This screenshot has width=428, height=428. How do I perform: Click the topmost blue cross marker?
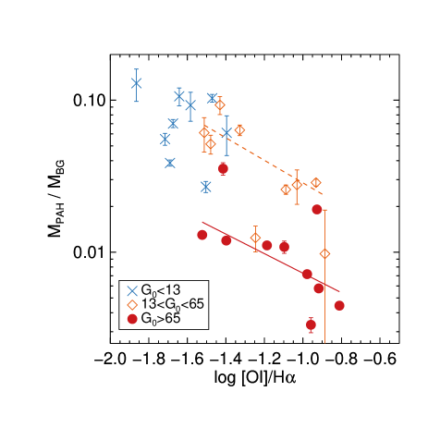tap(137, 83)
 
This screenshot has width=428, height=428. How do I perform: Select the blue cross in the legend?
tap(132, 291)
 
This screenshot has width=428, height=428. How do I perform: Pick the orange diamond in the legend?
tap(132, 305)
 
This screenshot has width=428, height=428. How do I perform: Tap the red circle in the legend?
tap(132, 319)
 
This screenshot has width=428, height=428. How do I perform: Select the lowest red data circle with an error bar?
tap(311, 324)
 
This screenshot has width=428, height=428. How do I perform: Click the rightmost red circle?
tap(339, 305)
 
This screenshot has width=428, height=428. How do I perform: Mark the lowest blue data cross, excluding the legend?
tap(206, 187)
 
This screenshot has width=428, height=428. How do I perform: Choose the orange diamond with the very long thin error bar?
tap(324, 253)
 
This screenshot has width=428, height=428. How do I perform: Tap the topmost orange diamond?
tap(220, 105)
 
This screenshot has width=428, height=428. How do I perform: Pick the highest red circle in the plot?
tap(223, 168)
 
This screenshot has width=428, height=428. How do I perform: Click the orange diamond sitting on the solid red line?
tap(255, 238)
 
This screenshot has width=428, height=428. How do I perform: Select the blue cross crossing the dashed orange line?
tap(226, 133)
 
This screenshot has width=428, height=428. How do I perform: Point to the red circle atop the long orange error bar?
tap(317, 210)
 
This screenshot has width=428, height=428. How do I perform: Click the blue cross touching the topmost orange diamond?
tap(213, 98)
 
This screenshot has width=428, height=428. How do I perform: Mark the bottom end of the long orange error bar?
tap(324, 343)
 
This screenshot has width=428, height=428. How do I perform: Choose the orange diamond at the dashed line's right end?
tap(315, 183)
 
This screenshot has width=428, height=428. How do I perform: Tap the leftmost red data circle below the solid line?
tap(202, 235)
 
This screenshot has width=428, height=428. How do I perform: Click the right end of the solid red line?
tap(339, 291)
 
